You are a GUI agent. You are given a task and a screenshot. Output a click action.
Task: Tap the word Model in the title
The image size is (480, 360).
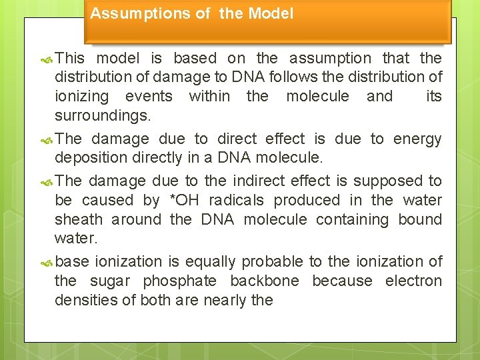coord(270,13)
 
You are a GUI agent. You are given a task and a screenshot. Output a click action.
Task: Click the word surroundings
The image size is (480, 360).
coord(102,116)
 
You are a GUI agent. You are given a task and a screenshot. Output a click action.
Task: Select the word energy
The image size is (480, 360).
coord(417,139)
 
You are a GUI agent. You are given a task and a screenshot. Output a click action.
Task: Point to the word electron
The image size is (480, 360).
coord(413,281)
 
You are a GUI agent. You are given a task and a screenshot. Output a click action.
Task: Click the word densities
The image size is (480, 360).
coord(83,301)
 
